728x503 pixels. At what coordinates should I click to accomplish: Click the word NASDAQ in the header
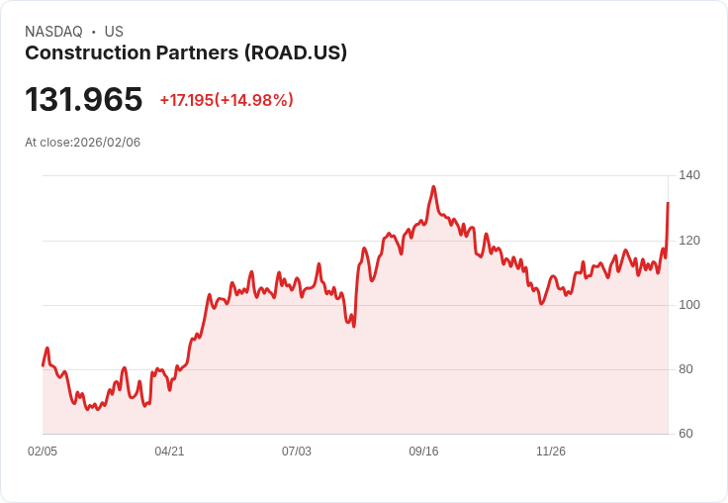[x=53, y=32]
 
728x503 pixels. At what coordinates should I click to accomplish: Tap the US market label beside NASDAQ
[x=114, y=32]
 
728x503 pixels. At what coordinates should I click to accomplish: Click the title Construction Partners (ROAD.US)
[x=186, y=53]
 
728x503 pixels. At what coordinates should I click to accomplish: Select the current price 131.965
[x=84, y=100]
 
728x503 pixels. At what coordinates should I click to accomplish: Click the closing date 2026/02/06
[x=107, y=143]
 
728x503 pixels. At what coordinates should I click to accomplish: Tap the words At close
[x=47, y=143]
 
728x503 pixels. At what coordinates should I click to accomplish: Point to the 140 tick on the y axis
[x=689, y=175]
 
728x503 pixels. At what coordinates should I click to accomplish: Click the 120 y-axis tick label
[x=689, y=240]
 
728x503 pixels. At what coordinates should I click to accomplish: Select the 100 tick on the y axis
[x=689, y=305]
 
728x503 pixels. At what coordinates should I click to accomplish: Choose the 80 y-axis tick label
[x=685, y=369]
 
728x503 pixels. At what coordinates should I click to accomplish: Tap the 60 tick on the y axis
[x=685, y=434]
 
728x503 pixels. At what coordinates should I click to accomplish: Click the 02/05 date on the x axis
[x=43, y=452]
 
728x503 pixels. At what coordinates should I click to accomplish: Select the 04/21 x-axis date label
[x=169, y=452]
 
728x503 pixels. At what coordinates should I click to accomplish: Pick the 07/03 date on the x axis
[x=297, y=452]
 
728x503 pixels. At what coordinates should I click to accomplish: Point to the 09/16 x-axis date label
[x=423, y=452]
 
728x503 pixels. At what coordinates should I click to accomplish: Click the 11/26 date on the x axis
[x=551, y=452]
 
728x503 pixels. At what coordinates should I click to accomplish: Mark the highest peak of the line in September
[x=433, y=186]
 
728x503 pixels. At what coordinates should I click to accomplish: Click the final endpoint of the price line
[x=668, y=203]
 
